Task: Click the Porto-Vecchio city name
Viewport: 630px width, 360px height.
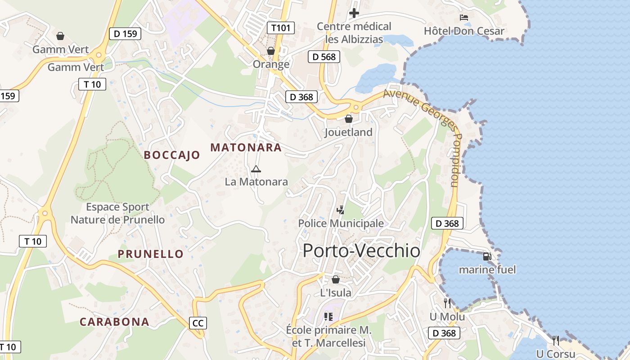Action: pos(361,251)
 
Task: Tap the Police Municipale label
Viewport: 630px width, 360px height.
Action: pos(341,223)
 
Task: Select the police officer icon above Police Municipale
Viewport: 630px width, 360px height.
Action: pos(341,210)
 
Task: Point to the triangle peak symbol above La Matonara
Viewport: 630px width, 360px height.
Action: pos(256,169)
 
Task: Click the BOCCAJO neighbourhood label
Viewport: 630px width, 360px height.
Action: pos(172,155)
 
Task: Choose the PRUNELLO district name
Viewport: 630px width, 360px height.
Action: pos(151,254)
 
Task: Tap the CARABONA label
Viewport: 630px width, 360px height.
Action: pos(114,322)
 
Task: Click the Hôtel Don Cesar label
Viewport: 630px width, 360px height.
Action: pos(464,31)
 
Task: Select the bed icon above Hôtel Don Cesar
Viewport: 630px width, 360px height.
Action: pos(464,18)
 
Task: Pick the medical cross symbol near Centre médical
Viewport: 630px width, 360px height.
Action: pos(354,13)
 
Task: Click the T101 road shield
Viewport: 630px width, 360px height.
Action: pos(281,28)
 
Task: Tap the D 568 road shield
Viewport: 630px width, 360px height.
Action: pos(324,56)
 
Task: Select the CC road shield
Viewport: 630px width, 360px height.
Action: pos(198,323)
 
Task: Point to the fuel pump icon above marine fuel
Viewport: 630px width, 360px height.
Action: pos(487,256)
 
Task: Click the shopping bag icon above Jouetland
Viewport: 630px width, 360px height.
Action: pos(348,119)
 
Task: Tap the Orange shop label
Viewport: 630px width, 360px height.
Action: pos(271,64)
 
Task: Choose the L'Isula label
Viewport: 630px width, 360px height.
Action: pos(335,293)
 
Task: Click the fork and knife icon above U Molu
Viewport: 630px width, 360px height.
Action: pos(447,303)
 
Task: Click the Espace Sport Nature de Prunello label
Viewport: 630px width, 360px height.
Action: pos(117,213)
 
